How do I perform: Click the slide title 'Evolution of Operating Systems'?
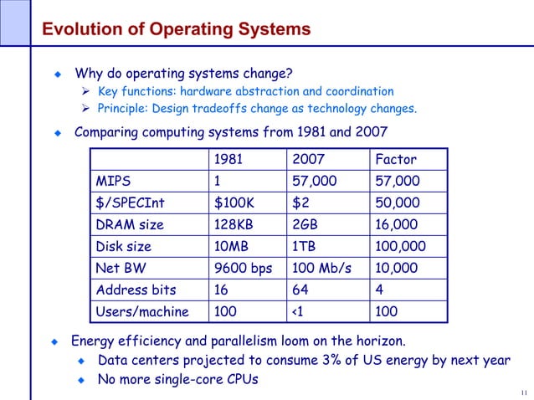(176, 31)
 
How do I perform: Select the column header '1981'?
(230, 160)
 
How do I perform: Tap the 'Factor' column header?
(396, 160)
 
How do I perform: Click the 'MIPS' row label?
(113, 182)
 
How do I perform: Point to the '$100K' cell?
(235, 203)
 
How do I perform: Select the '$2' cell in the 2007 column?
(300, 203)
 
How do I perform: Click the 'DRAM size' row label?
(130, 225)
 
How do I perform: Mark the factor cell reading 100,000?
(401, 247)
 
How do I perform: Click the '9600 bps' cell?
(243, 269)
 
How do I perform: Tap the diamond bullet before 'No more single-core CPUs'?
(81, 381)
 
